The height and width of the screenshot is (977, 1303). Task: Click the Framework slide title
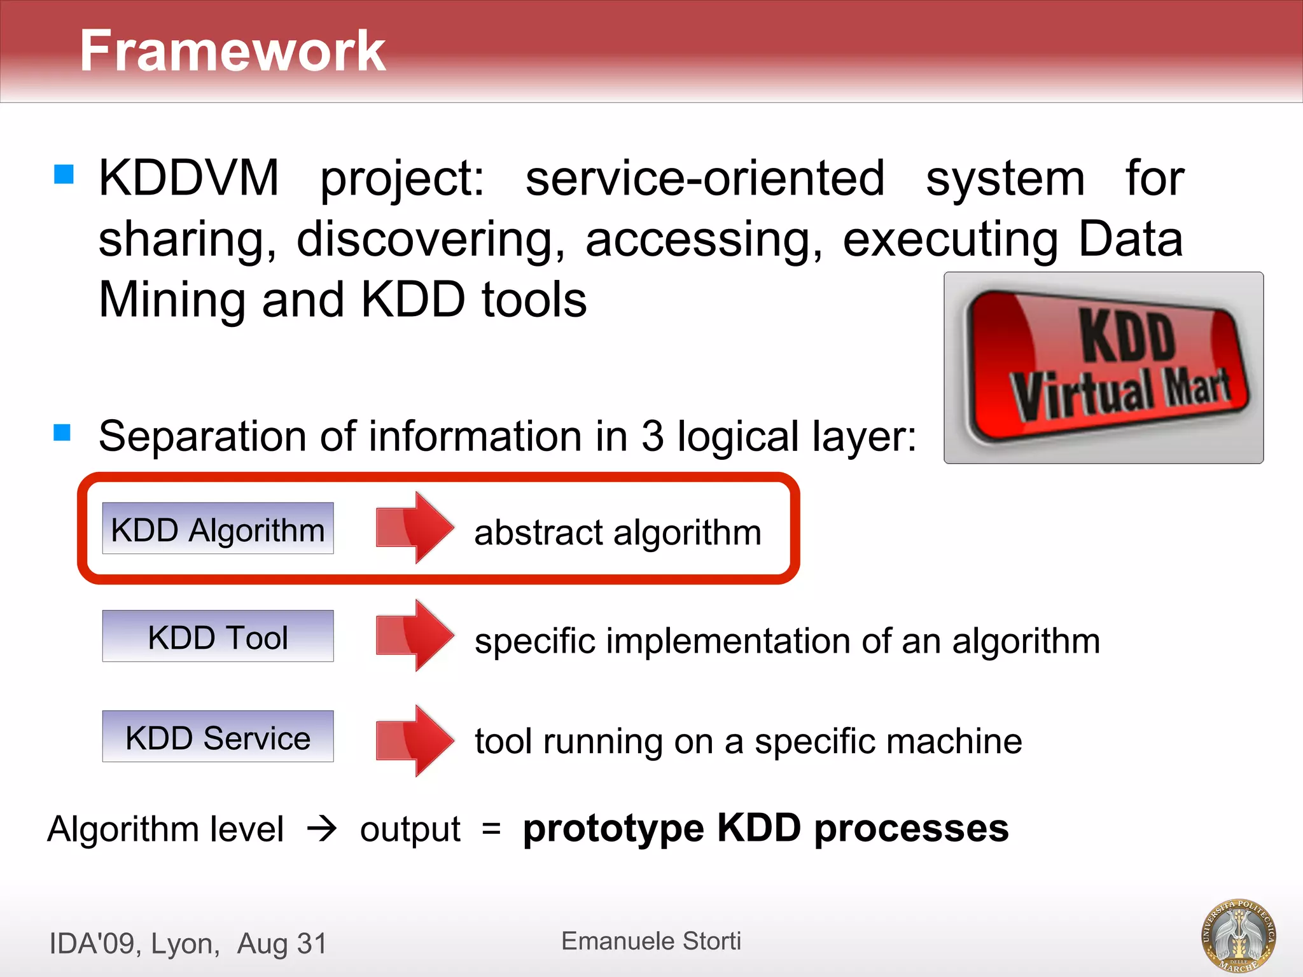(232, 51)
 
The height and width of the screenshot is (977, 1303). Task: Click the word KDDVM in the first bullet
(188, 178)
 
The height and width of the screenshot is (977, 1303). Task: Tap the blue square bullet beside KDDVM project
(64, 174)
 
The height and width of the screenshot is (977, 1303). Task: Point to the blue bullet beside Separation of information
(62, 433)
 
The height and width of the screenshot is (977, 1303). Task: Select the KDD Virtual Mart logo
(1103, 368)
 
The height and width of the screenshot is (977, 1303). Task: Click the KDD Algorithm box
(218, 529)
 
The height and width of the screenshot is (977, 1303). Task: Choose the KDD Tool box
(218, 636)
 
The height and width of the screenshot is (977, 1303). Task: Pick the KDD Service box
(218, 737)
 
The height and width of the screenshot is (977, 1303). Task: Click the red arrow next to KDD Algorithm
(415, 527)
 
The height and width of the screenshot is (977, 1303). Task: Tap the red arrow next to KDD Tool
(415, 635)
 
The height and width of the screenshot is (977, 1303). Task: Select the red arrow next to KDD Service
(415, 740)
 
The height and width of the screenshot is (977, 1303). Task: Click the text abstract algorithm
(617, 532)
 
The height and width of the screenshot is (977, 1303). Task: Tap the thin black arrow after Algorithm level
(322, 829)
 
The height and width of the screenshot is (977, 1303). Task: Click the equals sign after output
(491, 829)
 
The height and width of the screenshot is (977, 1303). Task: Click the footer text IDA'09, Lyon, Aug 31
(188, 943)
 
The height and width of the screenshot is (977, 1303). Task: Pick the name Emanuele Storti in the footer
(651, 941)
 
